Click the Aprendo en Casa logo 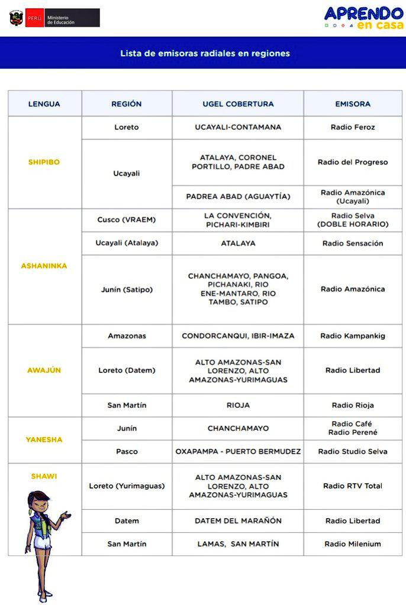click(363, 18)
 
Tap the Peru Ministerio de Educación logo click(54, 18)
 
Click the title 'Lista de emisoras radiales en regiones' click(205, 53)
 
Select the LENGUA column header click(44, 104)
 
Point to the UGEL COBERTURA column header click(238, 104)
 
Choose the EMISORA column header click(353, 104)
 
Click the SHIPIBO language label click(44, 162)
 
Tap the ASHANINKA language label click(44, 266)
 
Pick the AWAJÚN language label click(44, 370)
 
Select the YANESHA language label click(44, 440)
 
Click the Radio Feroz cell click(353, 127)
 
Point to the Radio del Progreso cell click(353, 162)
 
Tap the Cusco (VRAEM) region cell click(127, 220)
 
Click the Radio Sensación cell click(353, 243)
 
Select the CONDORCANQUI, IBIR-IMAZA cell click(238, 336)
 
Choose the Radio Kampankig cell click(353, 336)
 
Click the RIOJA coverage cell click(238, 405)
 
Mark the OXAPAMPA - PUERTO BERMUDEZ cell click(238, 451)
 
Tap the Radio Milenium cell click(353, 544)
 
